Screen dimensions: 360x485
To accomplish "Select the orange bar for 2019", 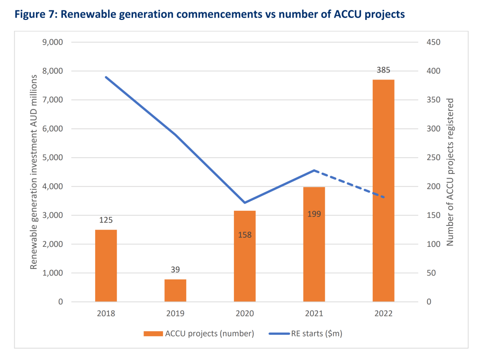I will [175, 290].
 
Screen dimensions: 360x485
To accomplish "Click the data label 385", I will [383, 70].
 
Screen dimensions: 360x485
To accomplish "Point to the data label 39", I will [175, 270].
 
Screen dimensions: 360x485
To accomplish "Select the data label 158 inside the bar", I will [244, 234].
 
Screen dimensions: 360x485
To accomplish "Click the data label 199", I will [314, 214].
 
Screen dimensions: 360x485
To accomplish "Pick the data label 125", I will [106, 220].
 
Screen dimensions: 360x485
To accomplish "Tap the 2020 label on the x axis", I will [244, 314].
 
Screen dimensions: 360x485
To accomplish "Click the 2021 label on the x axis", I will [314, 314].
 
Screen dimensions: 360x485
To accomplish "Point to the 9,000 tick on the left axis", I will [52, 42].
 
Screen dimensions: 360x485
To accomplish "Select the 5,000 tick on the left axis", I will [52, 158].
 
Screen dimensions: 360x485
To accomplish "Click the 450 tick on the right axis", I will [433, 42].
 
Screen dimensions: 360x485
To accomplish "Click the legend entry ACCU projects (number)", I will [199, 333].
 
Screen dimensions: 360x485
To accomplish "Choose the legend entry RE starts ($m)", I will [305, 333].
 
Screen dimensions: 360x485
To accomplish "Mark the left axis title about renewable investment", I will [34, 172].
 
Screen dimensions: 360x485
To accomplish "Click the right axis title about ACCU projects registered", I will [450, 172].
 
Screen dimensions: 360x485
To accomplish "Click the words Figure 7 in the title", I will [35, 14].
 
